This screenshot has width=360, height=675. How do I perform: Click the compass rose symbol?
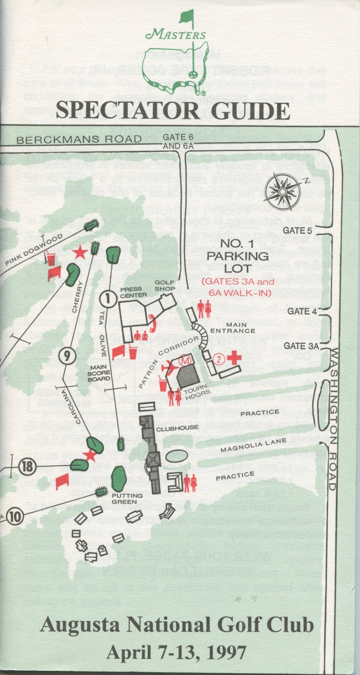(284, 191)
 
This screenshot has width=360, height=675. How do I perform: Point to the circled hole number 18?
(27, 466)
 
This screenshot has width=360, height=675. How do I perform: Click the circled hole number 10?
(15, 517)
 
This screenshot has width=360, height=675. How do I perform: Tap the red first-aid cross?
(234, 358)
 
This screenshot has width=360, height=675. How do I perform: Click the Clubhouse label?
(177, 428)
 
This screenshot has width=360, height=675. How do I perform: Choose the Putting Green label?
(124, 498)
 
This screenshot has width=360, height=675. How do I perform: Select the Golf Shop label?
(164, 285)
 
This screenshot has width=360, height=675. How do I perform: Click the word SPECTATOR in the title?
(127, 111)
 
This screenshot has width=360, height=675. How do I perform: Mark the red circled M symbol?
(184, 361)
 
